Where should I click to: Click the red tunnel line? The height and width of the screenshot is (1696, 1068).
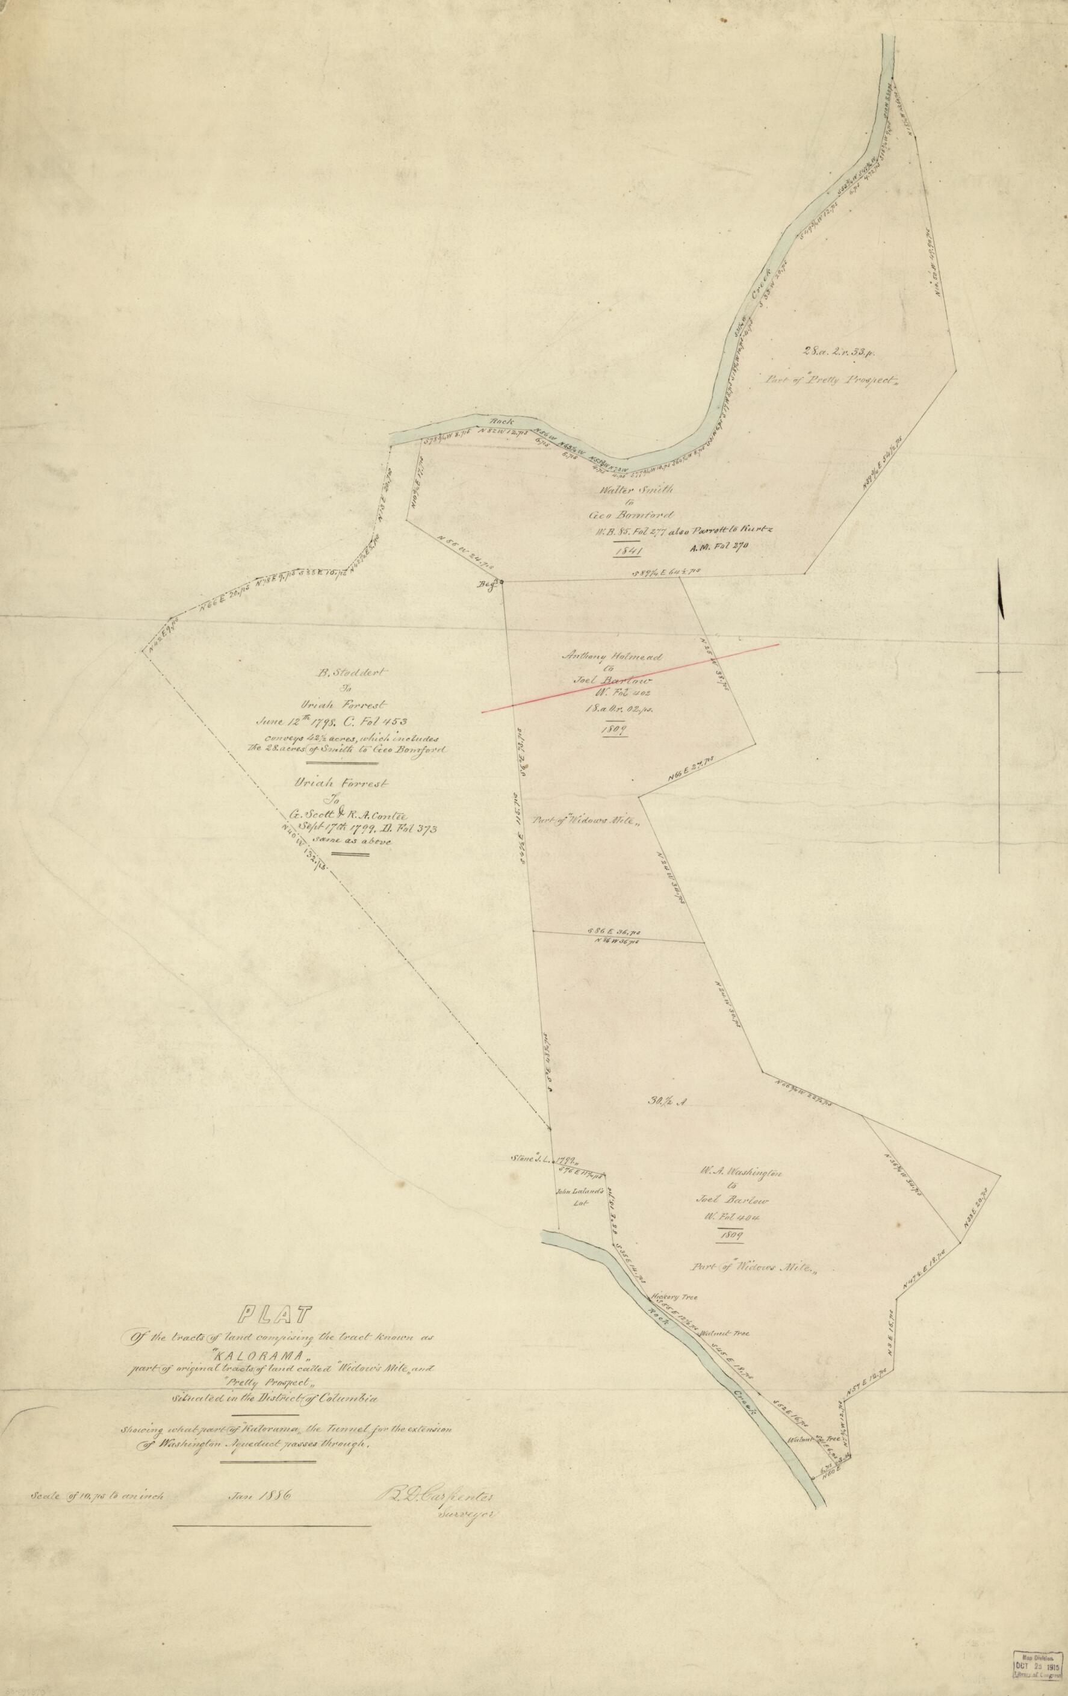(630, 677)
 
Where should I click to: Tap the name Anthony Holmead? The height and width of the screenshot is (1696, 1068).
(612, 656)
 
